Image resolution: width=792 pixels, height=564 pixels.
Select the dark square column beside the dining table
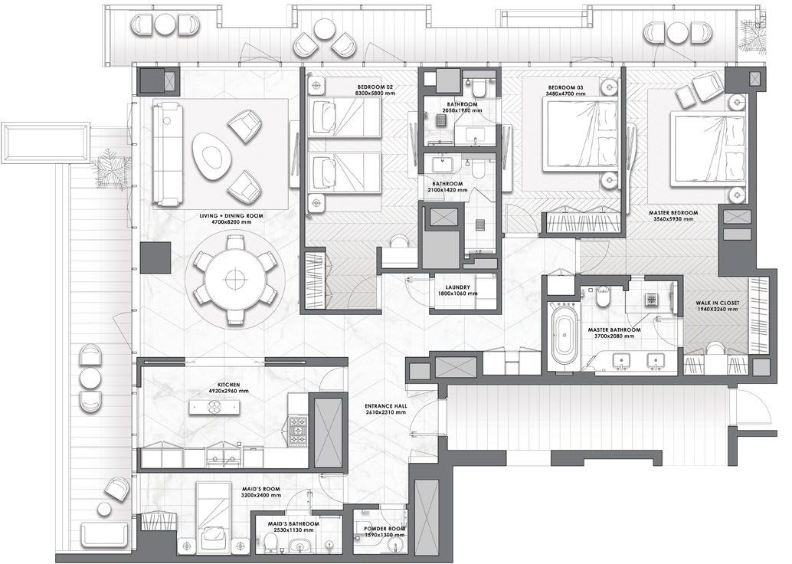156,257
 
